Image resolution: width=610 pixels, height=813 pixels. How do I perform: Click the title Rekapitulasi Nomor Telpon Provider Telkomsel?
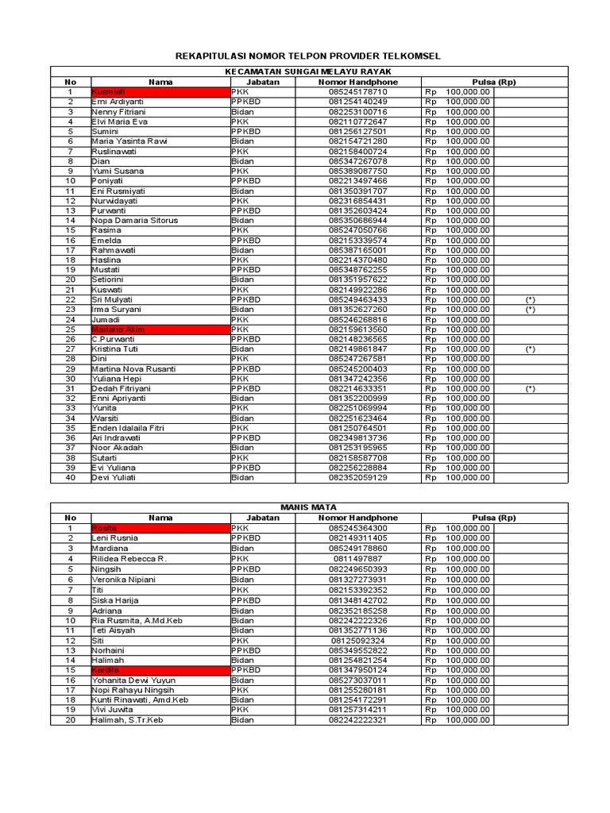point(307,56)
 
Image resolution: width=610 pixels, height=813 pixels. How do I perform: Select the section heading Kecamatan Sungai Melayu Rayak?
point(309,71)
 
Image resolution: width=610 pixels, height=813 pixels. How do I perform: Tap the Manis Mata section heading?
point(309,507)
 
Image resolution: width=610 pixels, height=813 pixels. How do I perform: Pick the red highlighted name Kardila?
point(106,671)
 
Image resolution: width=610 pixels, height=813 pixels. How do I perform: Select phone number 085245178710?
point(357,92)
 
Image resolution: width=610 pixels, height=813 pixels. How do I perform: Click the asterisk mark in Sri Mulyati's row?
point(530,300)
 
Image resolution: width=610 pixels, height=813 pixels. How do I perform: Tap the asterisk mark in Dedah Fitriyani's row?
point(530,389)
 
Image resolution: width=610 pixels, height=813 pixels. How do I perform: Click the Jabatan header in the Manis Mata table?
point(262,518)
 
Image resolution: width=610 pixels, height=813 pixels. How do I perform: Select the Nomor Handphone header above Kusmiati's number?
point(357,82)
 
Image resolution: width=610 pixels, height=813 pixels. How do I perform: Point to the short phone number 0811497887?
point(357,558)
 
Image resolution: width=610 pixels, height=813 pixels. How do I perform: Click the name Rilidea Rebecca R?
point(129,558)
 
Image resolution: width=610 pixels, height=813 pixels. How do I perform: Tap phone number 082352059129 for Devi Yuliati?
point(357,478)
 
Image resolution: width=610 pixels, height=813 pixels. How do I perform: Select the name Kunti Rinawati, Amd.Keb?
point(140,700)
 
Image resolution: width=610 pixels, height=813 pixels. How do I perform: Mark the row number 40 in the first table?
point(71,478)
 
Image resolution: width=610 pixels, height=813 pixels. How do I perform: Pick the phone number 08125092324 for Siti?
point(357,641)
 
